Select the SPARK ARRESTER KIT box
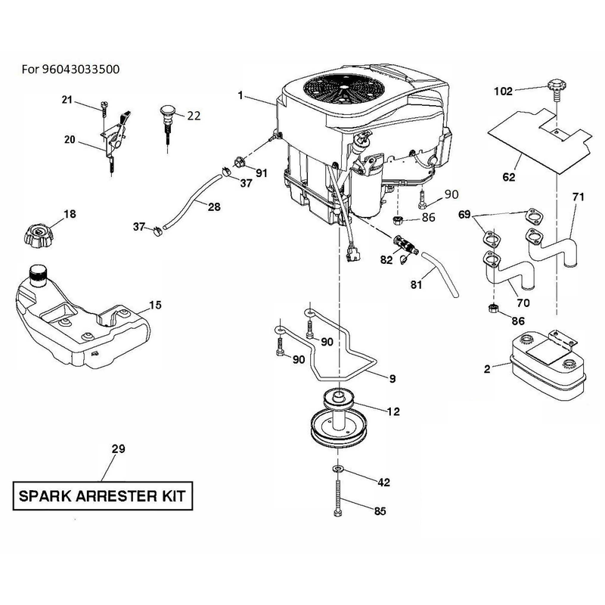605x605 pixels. pos(103,496)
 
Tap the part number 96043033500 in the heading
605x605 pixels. pos(80,70)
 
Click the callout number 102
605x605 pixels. pos(503,92)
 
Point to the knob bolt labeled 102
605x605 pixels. pos(556,88)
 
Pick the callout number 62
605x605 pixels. pos(509,177)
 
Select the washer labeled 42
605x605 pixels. pos(338,469)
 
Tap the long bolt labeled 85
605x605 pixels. pos(338,497)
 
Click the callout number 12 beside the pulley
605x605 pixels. pos(393,411)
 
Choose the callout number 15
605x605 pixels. pos(155,306)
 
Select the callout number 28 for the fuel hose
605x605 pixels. pos(214,206)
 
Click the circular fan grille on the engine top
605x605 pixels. pos(343,89)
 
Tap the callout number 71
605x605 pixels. pos(578,197)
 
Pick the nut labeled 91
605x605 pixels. pos(239,162)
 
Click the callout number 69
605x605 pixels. pos(464,214)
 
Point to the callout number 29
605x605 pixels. pos(119,448)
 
